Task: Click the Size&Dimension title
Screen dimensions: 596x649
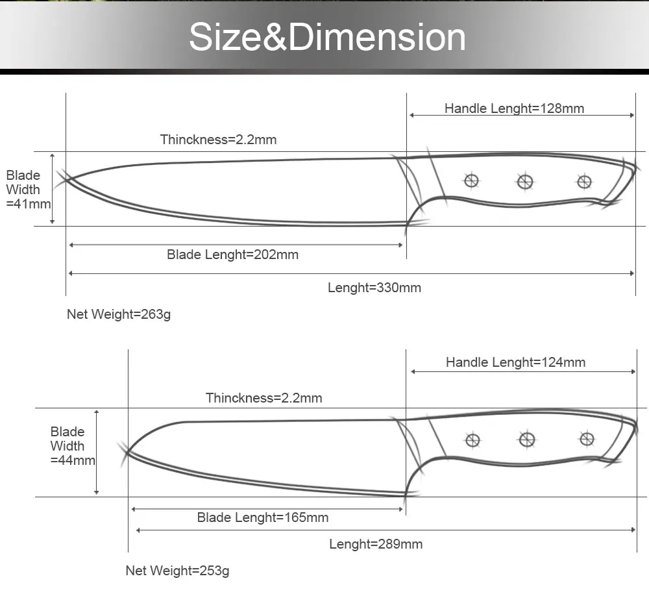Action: [327, 37]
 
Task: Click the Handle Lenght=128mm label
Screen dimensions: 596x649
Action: [514, 108]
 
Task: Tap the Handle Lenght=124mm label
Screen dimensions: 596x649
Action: [515, 362]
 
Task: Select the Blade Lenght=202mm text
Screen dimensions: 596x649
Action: [232, 255]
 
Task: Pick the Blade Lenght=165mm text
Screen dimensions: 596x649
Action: [263, 517]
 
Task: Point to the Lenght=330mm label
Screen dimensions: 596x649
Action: [374, 288]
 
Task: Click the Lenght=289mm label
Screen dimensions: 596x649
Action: [376, 544]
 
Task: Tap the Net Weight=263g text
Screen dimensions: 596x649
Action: [119, 315]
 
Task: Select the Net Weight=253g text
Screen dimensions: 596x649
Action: [177, 571]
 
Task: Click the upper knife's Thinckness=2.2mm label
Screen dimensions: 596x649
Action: [218, 140]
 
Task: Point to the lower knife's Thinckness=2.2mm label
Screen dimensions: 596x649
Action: [263, 398]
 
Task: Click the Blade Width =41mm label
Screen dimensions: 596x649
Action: [27, 190]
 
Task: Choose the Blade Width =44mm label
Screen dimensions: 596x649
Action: [72, 446]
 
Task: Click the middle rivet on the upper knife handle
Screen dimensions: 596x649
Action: [525, 182]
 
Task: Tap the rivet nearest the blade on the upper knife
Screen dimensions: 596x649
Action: [472, 180]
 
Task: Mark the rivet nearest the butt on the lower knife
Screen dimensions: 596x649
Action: [587, 440]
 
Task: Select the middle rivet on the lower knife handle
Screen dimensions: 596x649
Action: [528, 440]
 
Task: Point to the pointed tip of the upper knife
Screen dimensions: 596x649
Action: [65, 179]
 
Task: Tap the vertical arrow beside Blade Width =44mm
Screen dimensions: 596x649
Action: [97, 452]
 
